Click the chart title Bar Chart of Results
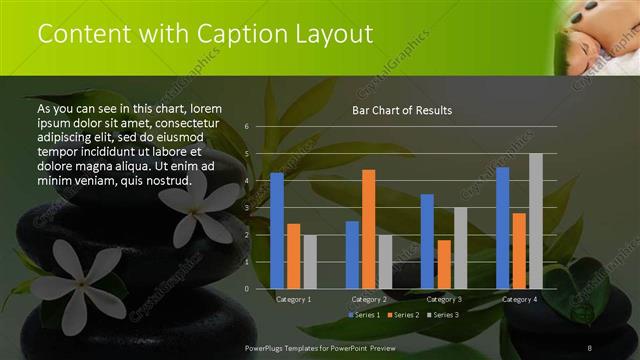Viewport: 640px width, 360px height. (401, 110)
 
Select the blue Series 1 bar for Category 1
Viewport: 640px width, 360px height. (277, 230)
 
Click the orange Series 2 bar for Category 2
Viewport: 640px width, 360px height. (368, 228)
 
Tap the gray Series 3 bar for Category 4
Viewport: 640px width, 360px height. (535, 221)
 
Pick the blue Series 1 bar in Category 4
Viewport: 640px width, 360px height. (502, 227)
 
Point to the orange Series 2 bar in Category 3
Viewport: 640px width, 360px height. (444, 264)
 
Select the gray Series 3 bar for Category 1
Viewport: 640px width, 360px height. (310, 261)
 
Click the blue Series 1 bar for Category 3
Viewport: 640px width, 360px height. (427, 241)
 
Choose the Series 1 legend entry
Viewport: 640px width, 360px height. (362, 315)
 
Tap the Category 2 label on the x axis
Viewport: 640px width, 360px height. (369, 299)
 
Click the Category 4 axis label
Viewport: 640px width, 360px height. (519, 299)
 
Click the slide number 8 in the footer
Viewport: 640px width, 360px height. (590, 346)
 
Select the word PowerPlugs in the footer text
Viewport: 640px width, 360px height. (268, 346)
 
